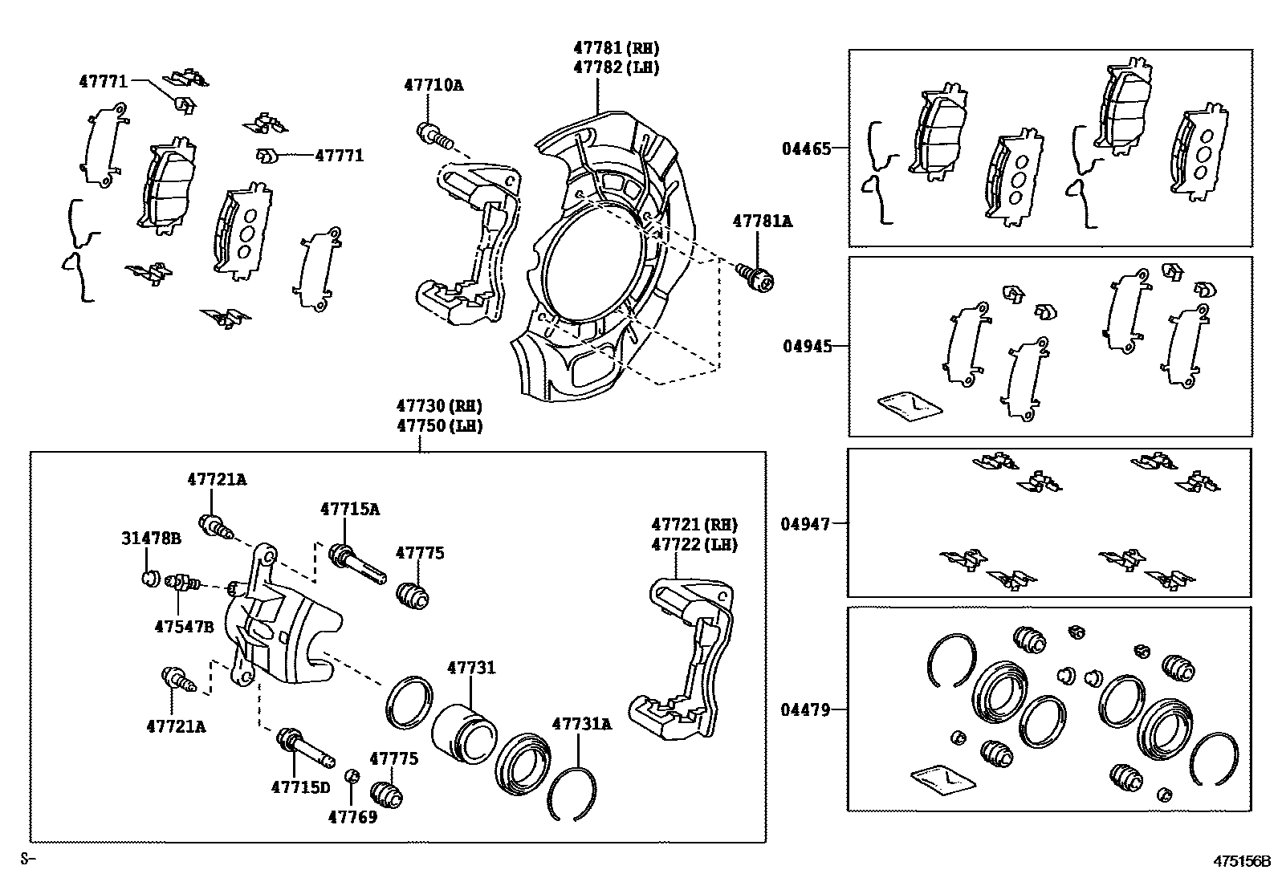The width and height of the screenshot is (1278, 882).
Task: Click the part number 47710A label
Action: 433,84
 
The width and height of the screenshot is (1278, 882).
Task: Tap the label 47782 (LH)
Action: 616,67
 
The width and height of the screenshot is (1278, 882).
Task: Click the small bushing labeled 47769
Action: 351,775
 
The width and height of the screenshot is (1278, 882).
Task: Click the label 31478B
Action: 152,538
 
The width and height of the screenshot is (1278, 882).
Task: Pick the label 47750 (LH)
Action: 438,425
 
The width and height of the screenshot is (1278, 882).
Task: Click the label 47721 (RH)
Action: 694,525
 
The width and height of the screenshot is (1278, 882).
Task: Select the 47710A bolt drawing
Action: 433,136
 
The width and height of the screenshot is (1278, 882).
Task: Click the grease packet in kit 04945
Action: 910,405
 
